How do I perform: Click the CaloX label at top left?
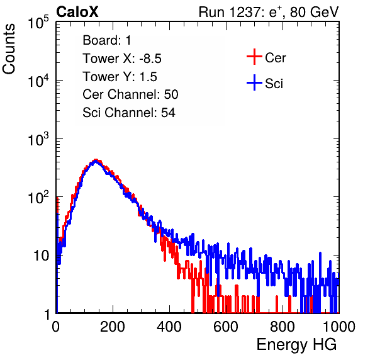(77, 12)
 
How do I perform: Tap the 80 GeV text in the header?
(314, 12)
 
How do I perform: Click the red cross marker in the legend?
(254, 57)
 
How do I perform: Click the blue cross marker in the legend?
(254, 82)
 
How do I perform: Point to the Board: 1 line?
(107, 40)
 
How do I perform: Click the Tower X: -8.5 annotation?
(122, 59)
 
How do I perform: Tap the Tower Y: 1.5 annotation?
(120, 77)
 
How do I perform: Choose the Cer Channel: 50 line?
(130, 94)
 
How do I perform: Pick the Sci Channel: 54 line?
(129, 113)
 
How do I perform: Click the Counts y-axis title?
(9, 49)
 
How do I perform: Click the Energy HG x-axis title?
(296, 345)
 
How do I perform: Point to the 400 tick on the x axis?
(169, 327)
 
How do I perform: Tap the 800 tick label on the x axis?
(283, 327)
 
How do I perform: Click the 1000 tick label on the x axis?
(339, 327)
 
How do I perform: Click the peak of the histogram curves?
(96, 160)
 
